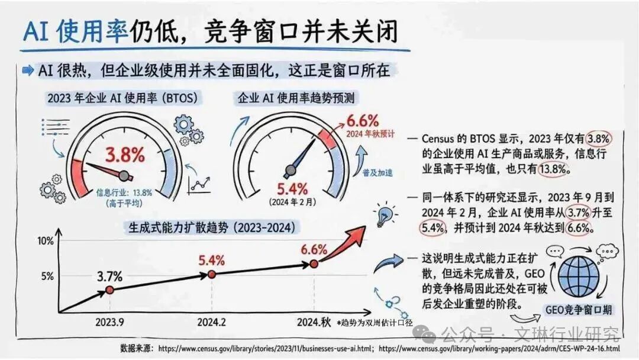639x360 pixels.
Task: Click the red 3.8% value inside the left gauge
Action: [125, 156]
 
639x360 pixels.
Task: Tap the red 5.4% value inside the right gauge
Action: [292, 189]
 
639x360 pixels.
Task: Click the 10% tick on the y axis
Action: [45, 241]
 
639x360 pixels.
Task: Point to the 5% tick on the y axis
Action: [47, 276]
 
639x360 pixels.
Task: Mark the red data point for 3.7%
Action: [109, 290]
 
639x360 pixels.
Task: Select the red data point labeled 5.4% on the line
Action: [212, 274]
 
